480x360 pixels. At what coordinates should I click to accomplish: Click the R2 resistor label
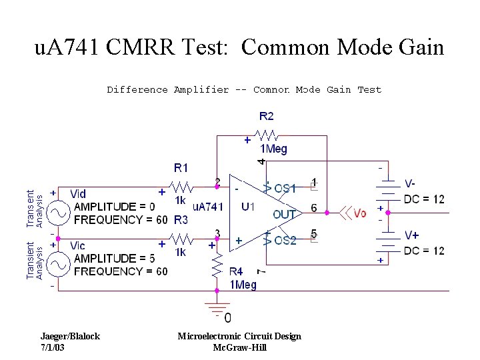267,117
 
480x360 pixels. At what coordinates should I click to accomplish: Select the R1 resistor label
181,167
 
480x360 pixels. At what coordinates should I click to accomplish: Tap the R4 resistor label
236,272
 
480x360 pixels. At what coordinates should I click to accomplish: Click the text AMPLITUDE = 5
114,259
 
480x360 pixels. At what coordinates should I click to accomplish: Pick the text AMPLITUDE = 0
114,207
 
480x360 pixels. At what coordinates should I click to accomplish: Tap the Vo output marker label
360,213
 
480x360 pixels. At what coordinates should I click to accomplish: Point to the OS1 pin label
285,189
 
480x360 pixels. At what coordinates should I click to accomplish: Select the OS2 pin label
285,241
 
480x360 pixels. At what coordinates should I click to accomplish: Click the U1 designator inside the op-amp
247,207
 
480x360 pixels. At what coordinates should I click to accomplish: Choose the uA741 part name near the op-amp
207,207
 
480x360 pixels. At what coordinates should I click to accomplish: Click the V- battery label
411,183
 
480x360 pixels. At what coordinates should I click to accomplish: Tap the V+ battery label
411,235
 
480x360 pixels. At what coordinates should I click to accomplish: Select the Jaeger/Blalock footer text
69,336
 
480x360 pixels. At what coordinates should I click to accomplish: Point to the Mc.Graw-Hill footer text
239,347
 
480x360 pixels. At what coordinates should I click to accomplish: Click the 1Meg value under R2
273,149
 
